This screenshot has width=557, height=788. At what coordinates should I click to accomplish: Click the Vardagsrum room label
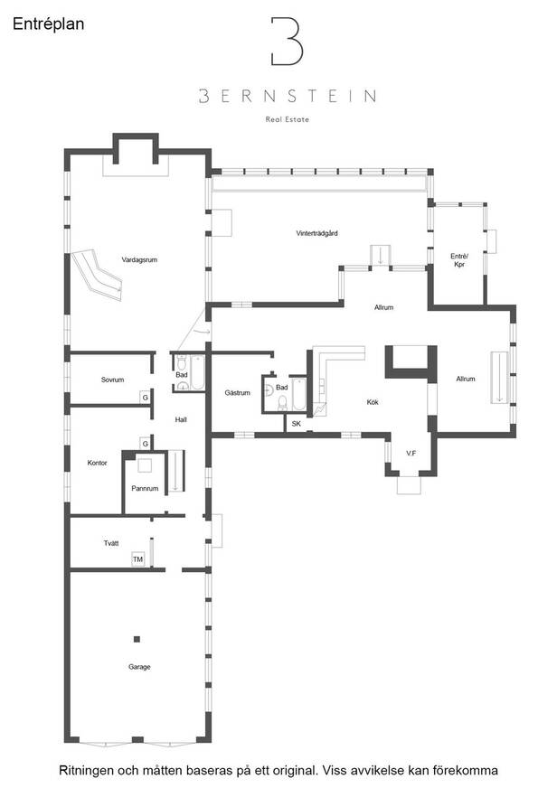click(139, 260)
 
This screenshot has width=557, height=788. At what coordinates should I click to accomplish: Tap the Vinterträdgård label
click(316, 233)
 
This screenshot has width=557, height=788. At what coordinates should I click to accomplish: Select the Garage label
click(139, 667)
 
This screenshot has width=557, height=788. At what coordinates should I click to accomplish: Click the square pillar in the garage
click(137, 639)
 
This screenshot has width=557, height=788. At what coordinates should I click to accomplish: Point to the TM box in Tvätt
click(137, 558)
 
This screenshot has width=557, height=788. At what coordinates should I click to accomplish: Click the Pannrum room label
click(145, 488)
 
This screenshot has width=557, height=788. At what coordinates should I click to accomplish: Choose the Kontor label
click(97, 463)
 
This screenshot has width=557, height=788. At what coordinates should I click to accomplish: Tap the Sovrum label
click(112, 380)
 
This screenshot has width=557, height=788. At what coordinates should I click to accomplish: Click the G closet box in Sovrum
click(146, 397)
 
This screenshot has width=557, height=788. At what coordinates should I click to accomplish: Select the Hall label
click(181, 419)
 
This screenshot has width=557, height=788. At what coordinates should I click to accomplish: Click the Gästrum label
click(237, 392)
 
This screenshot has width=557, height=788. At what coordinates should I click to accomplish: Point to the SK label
click(296, 424)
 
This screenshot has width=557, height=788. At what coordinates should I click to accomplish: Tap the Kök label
click(373, 402)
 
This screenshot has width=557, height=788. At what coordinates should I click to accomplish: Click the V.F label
click(411, 453)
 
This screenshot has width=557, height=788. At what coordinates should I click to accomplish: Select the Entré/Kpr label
click(459, 260)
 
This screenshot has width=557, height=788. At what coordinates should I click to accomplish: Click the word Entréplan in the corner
click(48, 24)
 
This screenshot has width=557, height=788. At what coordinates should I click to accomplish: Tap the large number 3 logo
click(287, 42)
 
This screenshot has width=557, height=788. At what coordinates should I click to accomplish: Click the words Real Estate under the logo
click(287, 119)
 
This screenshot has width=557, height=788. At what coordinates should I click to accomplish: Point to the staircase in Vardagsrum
click(97, 275)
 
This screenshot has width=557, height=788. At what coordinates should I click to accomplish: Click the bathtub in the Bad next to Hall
click(197, 372)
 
